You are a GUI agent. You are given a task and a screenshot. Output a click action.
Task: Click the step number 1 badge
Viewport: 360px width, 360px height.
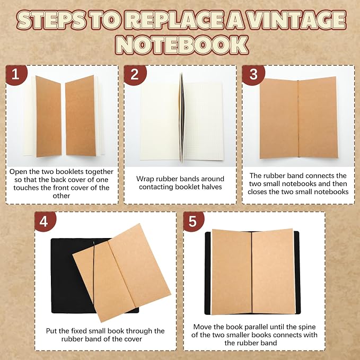coord(16,75)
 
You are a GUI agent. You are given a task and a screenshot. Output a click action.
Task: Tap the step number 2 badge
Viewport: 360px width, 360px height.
coord(135,75)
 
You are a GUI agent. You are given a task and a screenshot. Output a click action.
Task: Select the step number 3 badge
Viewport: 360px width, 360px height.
coord(253,75)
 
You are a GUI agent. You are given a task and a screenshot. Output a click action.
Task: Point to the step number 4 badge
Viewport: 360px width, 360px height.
coord(45,221)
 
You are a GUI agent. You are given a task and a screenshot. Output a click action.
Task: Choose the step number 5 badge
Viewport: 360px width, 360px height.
coord(194,221)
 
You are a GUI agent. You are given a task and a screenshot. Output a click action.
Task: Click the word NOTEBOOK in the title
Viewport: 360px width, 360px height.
coord(182,45)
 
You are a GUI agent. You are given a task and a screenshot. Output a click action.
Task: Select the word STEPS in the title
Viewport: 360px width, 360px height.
coord(51,20)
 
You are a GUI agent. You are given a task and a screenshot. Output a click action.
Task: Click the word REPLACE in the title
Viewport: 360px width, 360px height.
coord(173,20)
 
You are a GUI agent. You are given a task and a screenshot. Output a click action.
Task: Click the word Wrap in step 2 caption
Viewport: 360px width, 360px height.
coord(145,179)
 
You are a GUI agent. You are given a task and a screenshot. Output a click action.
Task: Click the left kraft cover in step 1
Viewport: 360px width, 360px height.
coord(48,117)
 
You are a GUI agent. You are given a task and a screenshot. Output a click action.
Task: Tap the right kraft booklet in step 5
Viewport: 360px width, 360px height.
coord(273,271)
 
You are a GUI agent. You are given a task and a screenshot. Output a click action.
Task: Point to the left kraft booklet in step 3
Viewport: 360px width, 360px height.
coord(279,119)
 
